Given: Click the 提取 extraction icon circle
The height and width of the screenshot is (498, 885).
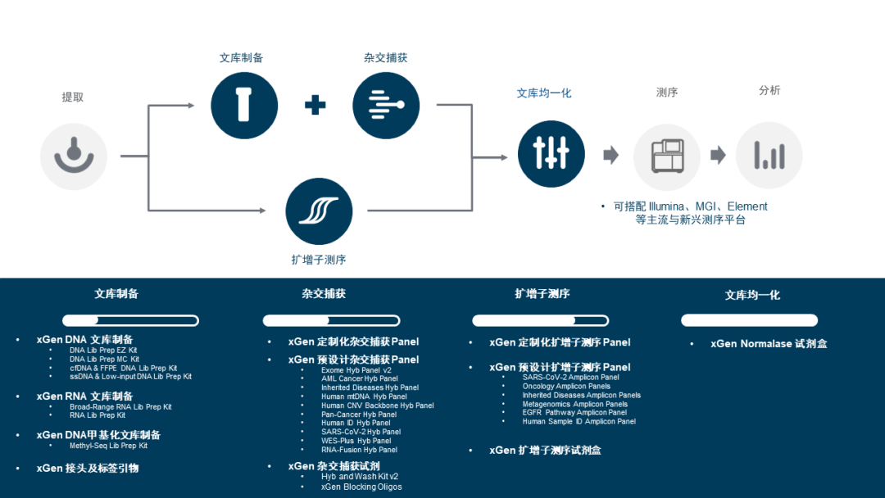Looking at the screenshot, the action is [x=74, y=156].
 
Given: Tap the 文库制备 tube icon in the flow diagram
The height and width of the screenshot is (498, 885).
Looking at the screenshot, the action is [x=244, y=106].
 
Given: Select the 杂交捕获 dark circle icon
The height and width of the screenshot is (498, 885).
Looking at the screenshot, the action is [x=386, y=106].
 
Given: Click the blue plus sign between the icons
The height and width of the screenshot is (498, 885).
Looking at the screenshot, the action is [x=315, y=105].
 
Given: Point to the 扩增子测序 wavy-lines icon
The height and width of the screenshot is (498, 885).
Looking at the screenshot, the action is [x=319, y=211].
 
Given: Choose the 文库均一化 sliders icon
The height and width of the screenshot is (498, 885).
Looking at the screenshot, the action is [x=551, y=153].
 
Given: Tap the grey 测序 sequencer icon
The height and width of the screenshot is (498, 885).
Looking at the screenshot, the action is [x=667, y=156].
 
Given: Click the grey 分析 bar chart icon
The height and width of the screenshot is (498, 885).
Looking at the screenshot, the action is [x=769, y=155].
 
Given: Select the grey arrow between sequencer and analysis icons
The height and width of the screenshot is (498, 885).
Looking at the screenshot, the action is [x=718, y=155].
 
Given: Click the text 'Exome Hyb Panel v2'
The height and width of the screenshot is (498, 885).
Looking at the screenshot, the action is [x=356, y=370].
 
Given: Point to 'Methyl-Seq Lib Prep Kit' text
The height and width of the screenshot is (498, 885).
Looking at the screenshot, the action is [x=108, y=446].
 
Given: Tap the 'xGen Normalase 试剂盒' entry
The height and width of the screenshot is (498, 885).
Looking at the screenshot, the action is [x=769, y=343].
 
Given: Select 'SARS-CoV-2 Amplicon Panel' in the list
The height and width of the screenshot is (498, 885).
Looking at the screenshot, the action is [x=570, y=378].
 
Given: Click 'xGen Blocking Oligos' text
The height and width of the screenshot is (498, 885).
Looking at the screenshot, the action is [x=361, y=487].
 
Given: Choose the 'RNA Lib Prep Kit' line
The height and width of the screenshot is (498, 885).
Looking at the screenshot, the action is [x=98, y=415].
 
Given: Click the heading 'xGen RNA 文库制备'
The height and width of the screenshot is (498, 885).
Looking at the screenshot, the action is [x=84, y=396].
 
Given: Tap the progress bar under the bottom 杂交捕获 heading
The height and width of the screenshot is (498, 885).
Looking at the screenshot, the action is [x=331, y=320].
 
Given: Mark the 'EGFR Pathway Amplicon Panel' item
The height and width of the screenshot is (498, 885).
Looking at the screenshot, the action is [x=574, y=412].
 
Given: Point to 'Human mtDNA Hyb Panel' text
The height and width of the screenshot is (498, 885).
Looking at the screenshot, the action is [x=364, y=396].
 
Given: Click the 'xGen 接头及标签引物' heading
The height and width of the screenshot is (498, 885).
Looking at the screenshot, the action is [x=88, y=469].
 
